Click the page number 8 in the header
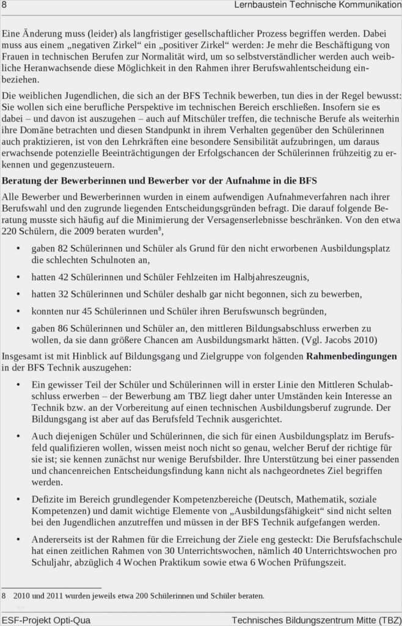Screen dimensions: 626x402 pos(4,5)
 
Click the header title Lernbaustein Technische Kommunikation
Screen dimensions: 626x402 pos(318,5)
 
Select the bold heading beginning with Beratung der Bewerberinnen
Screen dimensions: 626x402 pos(159,181)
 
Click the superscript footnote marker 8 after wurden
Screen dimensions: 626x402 pos(161,229)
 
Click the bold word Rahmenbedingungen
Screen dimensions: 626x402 pos(351,356)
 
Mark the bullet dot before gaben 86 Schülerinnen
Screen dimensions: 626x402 pos(18,328)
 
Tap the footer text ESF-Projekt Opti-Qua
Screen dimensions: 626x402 pos(46,620)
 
